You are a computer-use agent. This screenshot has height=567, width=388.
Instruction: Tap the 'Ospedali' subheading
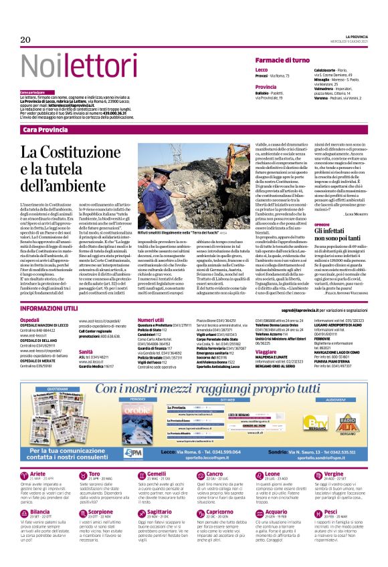pyautogui.click(x=31, y=321)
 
